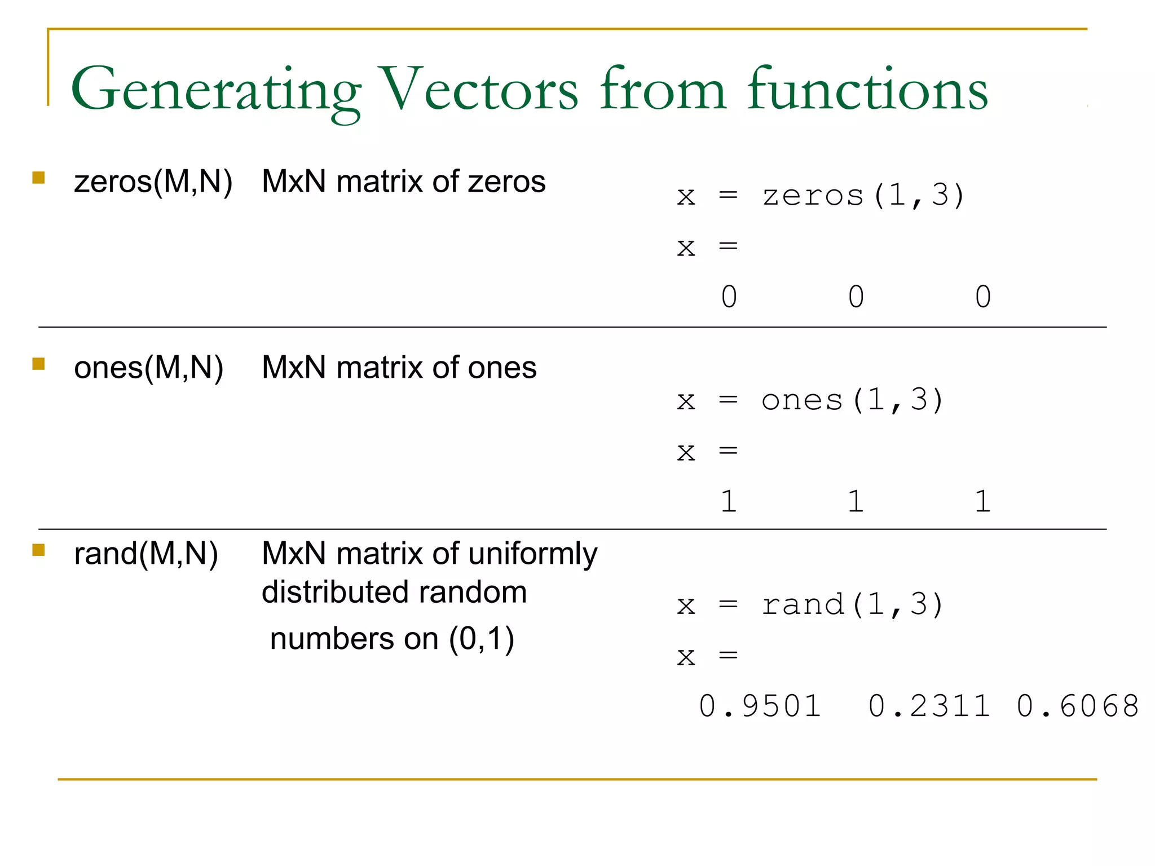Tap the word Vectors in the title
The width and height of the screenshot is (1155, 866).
pyautogui.click(x=479, y=90)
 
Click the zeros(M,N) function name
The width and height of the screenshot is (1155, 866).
pyautogui.click(x=153, y=182)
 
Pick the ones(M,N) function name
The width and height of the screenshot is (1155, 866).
pyautogui.click(x=148, y=368)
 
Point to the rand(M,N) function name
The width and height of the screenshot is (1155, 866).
pyautogui.click(x=146, y=554)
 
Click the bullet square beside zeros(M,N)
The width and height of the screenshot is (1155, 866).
pyautogui.click(x=38, y=178)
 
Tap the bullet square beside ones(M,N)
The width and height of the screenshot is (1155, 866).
pyautogui.click(x=38, y=364)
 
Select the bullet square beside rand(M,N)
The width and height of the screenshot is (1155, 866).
pyautogui.click(x=38, y=550)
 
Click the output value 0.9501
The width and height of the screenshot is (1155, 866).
pyautogui.click(x=760, y=706)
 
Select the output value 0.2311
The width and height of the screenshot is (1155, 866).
pyautogui.click(x=929, y=706)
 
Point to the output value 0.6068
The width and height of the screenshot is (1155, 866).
pyautogui.click(x=1077, y=706)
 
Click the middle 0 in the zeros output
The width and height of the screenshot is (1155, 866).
pyautogui.click(x=856, y=297)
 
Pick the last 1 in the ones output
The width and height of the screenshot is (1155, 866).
pyautogui.click(x=982, y=501)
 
